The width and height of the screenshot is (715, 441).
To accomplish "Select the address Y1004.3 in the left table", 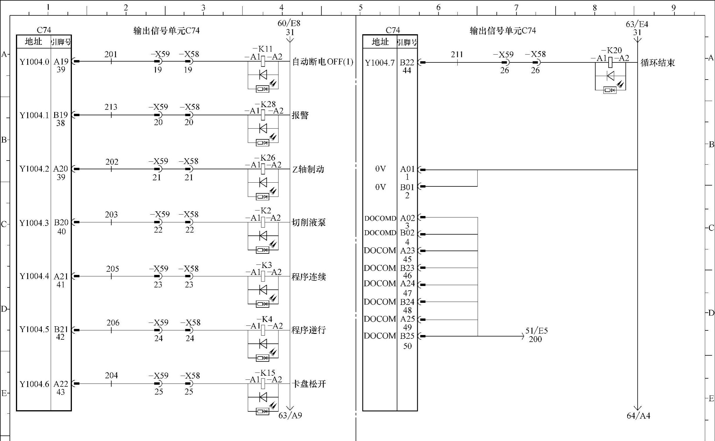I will pos(34,223).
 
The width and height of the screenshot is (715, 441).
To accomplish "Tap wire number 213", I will pos(111,107).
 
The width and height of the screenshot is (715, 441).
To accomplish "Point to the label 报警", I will pos(300,115).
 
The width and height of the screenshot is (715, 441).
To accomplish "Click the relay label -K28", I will pos(265,104).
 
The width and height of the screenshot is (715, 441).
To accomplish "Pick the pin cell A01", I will pos(407,169).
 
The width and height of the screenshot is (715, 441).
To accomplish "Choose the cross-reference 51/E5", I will pos(536,330).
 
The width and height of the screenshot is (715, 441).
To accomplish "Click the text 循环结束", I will pos(657,63).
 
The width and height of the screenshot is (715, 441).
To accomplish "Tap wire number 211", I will pos(457,55).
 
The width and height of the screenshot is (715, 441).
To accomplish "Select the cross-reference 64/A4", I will pos(638,416).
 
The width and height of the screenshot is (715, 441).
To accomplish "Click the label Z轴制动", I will pos(308,169).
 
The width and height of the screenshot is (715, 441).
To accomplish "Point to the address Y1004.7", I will pos(380,63).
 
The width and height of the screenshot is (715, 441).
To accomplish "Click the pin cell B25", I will pos(407,336).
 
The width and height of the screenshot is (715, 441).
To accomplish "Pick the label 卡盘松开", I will pos(309,384).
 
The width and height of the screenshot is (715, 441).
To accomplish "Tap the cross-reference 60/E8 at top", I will pos(288,23).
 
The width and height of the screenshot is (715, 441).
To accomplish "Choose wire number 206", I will pos(113,323).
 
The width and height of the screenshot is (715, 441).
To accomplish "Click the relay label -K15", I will pos(265,373).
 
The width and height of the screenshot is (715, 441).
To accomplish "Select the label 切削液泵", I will pos(309,223).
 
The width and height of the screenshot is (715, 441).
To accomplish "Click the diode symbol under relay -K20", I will pos(611,76).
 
